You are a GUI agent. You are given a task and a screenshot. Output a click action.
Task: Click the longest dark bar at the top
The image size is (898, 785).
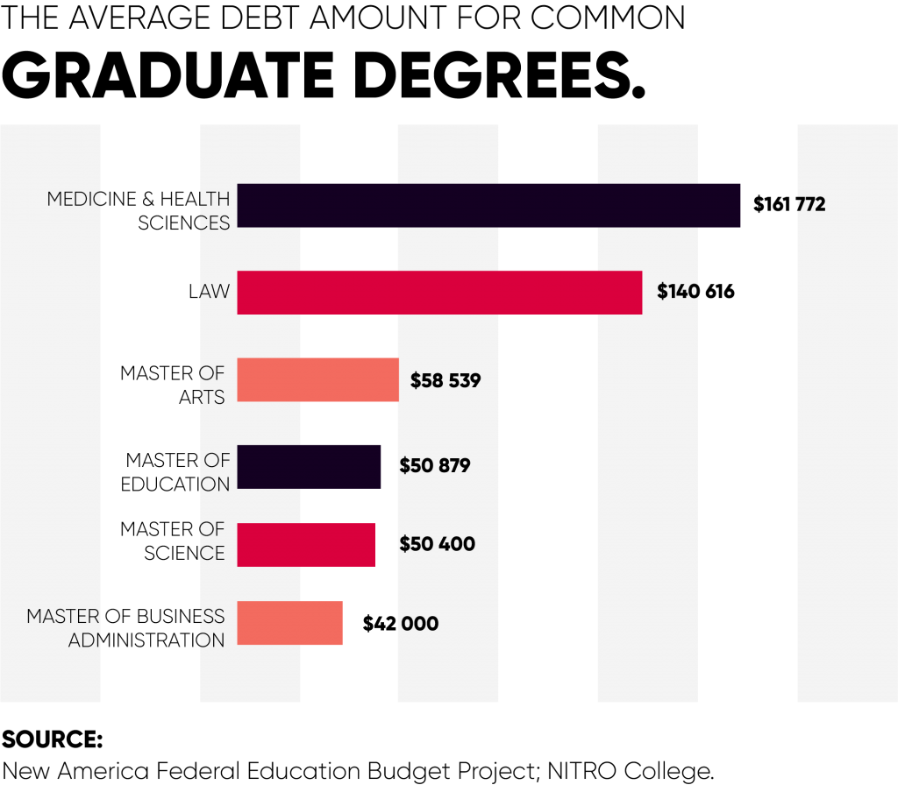[x=488, y=205]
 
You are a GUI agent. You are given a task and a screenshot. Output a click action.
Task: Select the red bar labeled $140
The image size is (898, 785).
[x=439, y=292]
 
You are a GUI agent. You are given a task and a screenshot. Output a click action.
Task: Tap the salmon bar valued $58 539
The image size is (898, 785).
[x=317, y=379]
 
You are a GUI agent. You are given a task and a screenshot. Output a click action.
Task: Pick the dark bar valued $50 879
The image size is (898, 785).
[x=309, y=466]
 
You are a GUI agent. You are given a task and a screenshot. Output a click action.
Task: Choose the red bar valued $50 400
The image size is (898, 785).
[x=306, y=544]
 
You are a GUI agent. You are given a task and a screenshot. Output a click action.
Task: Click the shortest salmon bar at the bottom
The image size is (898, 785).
[x=289, y=623]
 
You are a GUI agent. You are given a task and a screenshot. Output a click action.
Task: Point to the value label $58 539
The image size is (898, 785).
[x=445, y=381]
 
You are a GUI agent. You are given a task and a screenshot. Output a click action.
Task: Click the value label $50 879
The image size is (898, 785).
[x=435, y=466]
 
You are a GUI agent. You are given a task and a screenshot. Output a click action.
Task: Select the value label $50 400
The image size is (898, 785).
[x=437, y=544]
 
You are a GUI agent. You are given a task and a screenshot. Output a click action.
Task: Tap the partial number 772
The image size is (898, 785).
[x=811, y=205]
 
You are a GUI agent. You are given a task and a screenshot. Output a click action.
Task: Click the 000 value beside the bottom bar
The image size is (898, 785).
[x=420, y=624]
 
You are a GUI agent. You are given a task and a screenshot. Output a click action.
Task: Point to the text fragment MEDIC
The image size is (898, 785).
[x=74, y=200]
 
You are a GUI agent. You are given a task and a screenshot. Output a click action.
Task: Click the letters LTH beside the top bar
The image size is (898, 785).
[x=215, y=200]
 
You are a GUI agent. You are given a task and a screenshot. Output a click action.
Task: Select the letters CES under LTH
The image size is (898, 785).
[x=215, y=223]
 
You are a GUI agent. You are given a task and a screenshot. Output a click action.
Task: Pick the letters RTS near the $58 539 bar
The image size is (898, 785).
[x=213, y=398]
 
